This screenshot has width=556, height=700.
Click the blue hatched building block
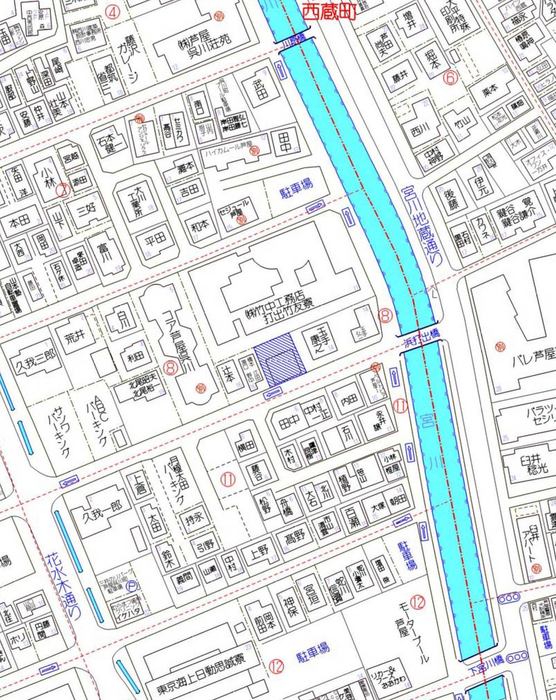pyautogui.click(x=280, y=360)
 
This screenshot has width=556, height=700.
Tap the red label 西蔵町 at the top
pyautogui.click(x=328, y=11)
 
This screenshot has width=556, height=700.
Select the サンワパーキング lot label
pyautogui.click(x=61, y=431)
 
